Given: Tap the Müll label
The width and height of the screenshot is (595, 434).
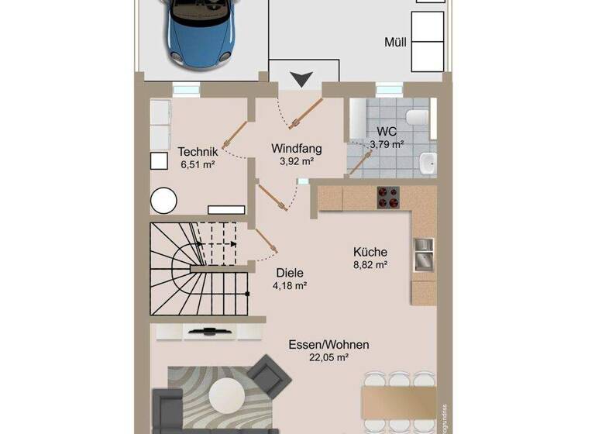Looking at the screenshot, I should (x=395, y=42).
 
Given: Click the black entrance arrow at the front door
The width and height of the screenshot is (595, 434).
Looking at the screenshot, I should (x=303, y=77).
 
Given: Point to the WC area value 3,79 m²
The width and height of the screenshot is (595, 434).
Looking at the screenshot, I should (x=387, y=144).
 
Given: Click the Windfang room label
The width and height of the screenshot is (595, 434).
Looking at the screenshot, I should (x=296, y=148).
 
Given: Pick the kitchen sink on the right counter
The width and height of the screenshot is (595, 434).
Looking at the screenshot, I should (x=423, y=254).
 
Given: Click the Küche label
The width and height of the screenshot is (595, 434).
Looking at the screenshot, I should (x=370, y=252).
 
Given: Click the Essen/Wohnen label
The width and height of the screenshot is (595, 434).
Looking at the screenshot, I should (x=328, y=345).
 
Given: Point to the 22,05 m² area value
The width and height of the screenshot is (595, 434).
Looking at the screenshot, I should (x=328, y=357).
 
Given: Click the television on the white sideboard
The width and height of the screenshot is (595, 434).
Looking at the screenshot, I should (x=208, y=332).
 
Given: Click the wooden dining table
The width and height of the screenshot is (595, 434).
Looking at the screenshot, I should (x=399, y=403).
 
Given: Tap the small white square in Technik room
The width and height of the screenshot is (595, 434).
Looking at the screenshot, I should (x=159, y=160).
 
